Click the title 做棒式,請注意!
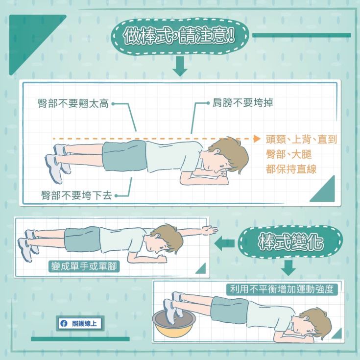179,36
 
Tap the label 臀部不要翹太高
73,103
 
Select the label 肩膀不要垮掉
243,103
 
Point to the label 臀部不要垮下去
76,195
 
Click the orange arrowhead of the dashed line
257,139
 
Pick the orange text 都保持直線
291,169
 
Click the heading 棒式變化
290,242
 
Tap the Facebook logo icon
64,323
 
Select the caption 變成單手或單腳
84,266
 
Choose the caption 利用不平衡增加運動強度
282,289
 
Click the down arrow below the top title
180,66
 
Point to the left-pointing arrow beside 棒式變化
224,243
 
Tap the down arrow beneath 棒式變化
288,268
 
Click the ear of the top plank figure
216,151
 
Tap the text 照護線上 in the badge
84,323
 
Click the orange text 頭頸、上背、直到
301,139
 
